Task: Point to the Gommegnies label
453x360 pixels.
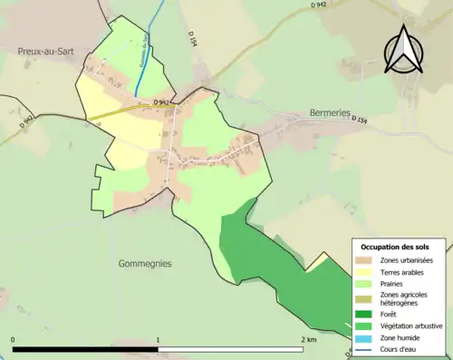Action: (145, 264)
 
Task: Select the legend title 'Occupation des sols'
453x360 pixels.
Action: (395, 247)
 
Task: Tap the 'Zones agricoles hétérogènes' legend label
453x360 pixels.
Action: (404, 298)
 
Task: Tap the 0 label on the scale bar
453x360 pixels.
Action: (14, 340)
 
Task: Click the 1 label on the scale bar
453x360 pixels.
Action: (159, 340)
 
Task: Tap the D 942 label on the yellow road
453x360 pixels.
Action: (162, 102)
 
